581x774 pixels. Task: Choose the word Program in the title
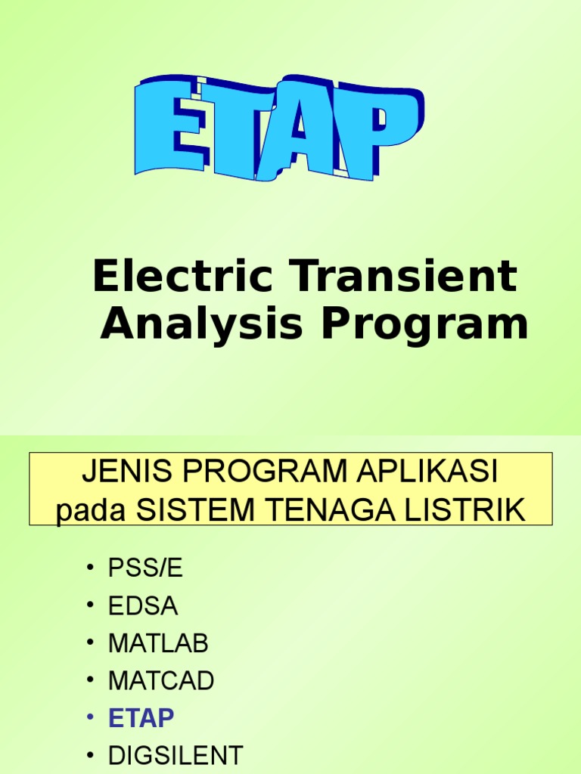tap(423, 325)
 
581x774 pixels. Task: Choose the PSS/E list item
tap(145, 568)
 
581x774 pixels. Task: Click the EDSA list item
tap(143, 605)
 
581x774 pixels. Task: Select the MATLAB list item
tap(157, 643)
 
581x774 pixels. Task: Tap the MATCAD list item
tap(160, 680)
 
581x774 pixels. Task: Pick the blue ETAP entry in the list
tap(141, 718)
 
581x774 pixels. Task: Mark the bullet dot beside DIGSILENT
tap(92, 756)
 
